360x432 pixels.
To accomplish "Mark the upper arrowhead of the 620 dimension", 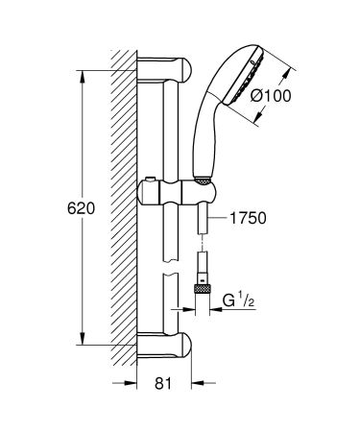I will pyautogui.click(x=80, y=70).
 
